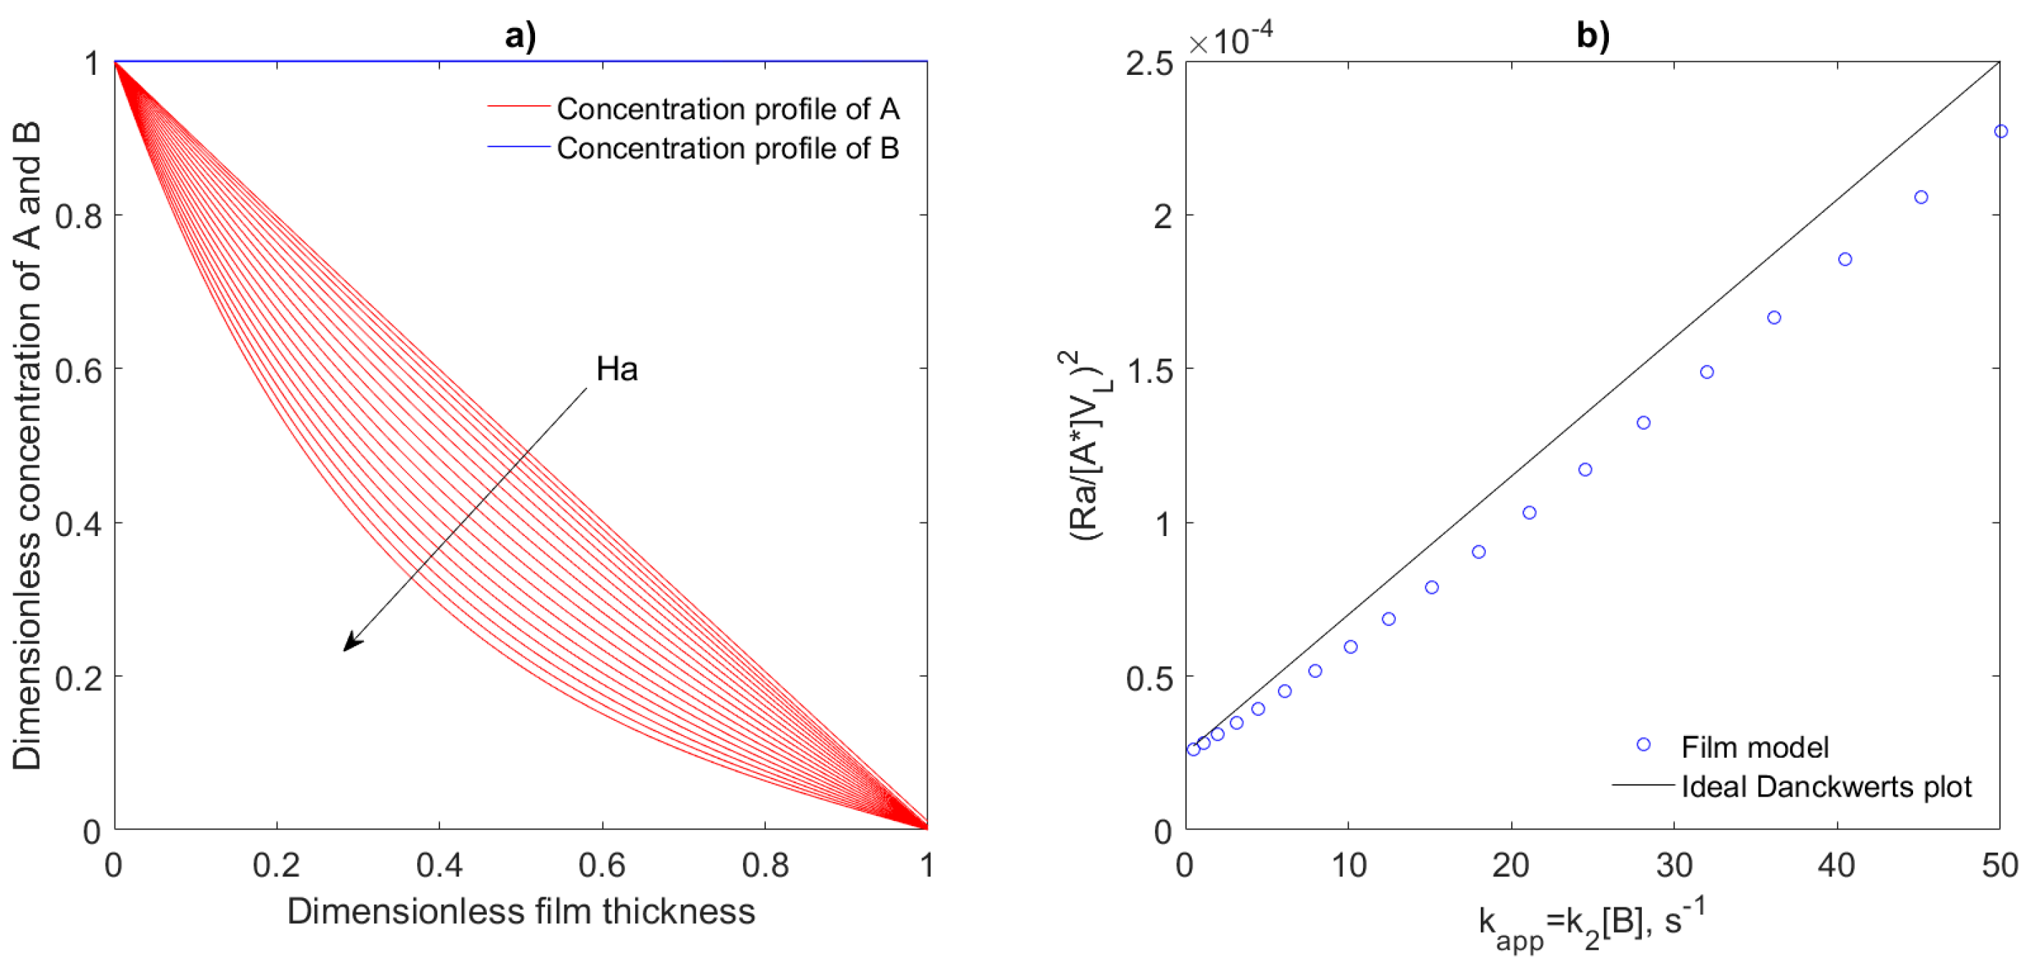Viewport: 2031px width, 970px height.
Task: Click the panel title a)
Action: click(521, 35)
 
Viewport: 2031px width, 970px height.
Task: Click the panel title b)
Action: click(1592, 35)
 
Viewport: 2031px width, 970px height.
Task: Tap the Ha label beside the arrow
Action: click(616, 369)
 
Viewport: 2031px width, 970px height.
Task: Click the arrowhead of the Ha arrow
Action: click(350, 645)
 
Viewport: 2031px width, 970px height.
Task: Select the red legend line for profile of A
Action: click(518, 106)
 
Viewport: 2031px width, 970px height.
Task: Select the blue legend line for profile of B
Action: click(518, 146)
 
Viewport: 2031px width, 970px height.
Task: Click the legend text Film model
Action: click(1755, 746)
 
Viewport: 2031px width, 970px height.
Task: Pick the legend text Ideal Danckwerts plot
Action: click(1826, 787)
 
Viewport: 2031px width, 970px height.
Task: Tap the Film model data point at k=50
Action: click(2000, 132)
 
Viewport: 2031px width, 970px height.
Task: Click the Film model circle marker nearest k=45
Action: click(1921, 197)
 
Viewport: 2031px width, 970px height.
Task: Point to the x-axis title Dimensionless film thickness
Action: click(521, 911)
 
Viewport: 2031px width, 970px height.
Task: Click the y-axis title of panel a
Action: click(27, 445)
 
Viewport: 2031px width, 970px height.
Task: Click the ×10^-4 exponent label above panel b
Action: click(1230, 40)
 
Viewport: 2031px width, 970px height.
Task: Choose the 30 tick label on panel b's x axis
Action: click(1674, 865)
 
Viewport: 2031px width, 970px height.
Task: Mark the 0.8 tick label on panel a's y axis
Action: click(79, 215)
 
